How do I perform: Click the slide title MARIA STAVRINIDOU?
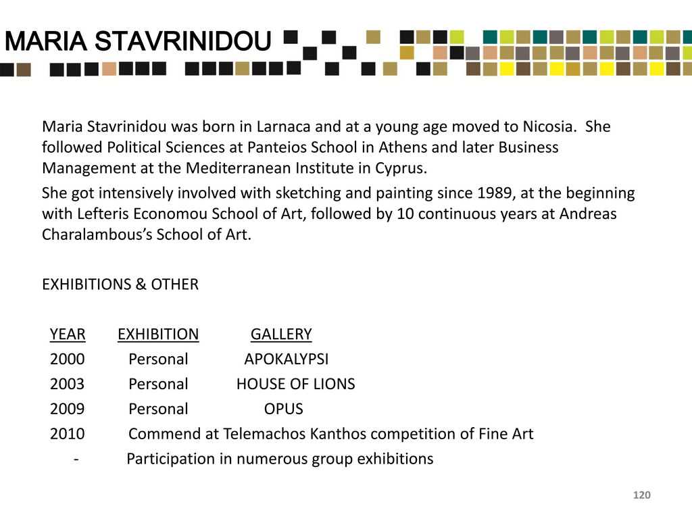pyautogui.click(x=137, y=43)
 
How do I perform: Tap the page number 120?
pyautogui.click(x=641, y=496)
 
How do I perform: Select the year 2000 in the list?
pyautogui.click(x=67, y=360)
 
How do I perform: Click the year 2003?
pyautogui.click(x=67, y=385)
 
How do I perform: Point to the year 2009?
pyautogui.click(x=67, y=410)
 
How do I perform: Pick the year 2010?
pyautogui.click(x=67, y=435)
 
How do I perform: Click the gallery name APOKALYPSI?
pyautogui.click(x=286, y=360)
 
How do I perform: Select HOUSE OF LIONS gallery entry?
pyautogui.click(x=295, y=385)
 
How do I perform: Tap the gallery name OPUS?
pyautogui.click(x=283, y=410)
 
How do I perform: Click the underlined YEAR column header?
pyautogui.click(x=67, y=335)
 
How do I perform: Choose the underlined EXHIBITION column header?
pyautogui.click(x=158, y=335)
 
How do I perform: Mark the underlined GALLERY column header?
pyautogui.click(x=281, y=335)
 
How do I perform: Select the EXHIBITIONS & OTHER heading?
pyautogui.click(x=120, y=285)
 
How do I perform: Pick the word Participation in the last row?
pyautogui.click(x=170, y=460)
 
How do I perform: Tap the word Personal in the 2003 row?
pyautogui.click(x=158, y=385)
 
